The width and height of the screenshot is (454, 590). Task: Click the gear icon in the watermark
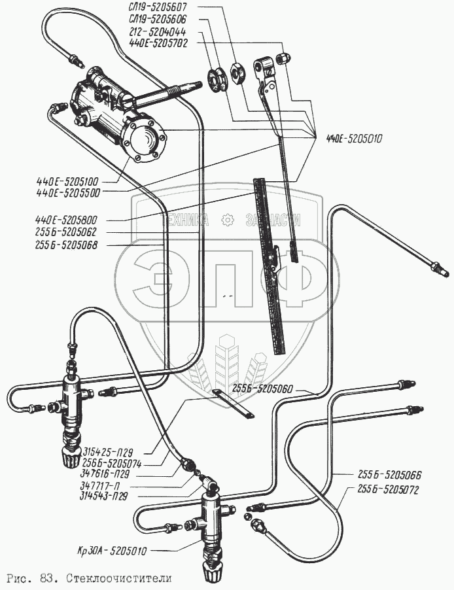227,220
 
